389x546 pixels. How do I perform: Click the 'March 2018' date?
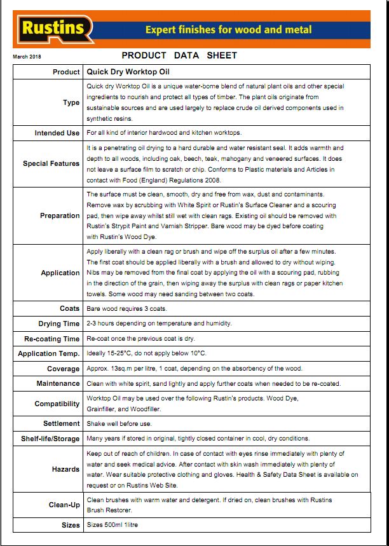click(26, 57)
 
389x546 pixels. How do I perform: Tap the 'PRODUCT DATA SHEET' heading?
click(179, 55)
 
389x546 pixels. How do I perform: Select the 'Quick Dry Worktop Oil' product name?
click(127, 72)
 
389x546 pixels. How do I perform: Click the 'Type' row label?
click(71, 102)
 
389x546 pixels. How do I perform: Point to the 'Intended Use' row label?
click(57, 133)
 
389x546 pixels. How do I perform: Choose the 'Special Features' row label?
click(51, 163)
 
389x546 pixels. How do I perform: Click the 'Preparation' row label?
click(60, 216)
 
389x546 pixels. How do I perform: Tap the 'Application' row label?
click(60, 273)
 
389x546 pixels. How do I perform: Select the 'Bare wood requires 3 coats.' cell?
click(126, 308)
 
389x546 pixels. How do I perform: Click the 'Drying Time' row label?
click(59, 324)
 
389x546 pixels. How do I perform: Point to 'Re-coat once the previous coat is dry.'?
click(140, 339)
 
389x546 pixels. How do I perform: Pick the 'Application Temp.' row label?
click(49, 353)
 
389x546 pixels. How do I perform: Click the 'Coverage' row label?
click(64, 369)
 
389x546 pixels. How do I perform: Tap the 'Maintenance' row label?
click(58, 383)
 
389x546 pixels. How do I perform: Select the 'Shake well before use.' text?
click(119, 423)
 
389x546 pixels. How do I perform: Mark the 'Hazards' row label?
click(66, 469)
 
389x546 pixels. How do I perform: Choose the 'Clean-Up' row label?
click(64, 505)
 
